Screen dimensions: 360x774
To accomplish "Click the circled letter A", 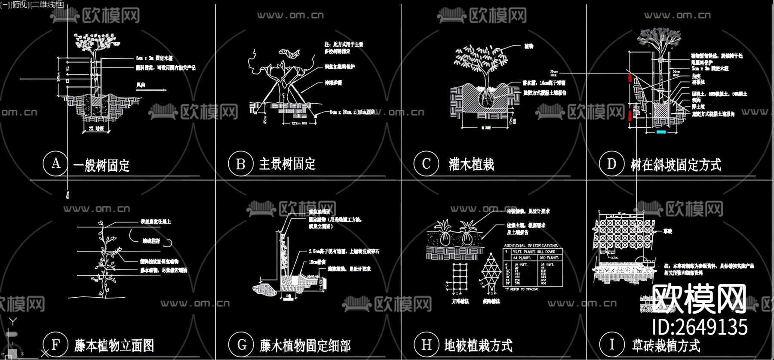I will pos(55,163).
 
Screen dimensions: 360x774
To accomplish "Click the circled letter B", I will pos(241,164).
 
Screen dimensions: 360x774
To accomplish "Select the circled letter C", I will pos(426,164).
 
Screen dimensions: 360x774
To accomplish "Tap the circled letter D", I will pos(611,164).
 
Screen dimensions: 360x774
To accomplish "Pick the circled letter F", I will pos(55,345).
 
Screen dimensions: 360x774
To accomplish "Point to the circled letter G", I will pos(241,345).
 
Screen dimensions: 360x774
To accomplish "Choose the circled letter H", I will pos(426,345).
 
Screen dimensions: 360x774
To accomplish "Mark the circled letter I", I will pos(611,345).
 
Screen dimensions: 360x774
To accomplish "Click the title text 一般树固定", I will pos(101,165).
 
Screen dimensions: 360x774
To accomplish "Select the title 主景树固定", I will pos(287,164).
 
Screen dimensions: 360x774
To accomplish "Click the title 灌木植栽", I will pos(471,164).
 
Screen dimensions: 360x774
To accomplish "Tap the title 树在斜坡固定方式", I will pos(676,165).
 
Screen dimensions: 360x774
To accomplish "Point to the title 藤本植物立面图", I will pos(114,345).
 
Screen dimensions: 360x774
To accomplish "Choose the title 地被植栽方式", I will pos(478,345).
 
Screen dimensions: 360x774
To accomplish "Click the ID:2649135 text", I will pos(700,327).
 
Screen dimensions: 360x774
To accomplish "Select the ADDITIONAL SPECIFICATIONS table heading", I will pos(531,246).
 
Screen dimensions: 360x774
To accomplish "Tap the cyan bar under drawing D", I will pos(661,132).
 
